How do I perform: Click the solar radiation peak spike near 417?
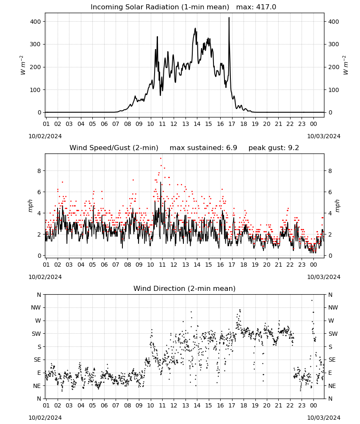(x=229, y=18)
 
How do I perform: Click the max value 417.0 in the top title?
(x=266, y=7)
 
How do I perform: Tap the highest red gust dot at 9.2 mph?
(x=161, y=158)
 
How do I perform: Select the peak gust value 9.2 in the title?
(x=293, y=148)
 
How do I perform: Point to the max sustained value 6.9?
(x=231, y=148)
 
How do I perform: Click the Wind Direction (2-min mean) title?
(x=185, y=288)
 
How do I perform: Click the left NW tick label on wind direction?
(x=36, y=307)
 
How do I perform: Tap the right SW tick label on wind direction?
(x=333, y=334)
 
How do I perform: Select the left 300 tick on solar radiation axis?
(x=35, y=45)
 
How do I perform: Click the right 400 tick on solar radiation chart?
(x=334, y=22)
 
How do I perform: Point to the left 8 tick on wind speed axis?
(x=39, y=171)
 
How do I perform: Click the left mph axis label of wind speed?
(x=30, y=206)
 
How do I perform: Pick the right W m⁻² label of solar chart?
(x=346, y=65)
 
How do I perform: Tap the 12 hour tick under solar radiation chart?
(x=174, y=124)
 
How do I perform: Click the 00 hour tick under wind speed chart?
(x=313, y=265)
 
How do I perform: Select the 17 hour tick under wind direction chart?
(x=232, y=405)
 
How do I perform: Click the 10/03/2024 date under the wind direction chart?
(x=324, y=418)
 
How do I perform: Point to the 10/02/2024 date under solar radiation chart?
(x=45, y=136)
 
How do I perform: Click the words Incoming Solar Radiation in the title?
(x=133, y=7)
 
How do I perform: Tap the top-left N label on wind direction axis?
(x=39, y=295)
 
